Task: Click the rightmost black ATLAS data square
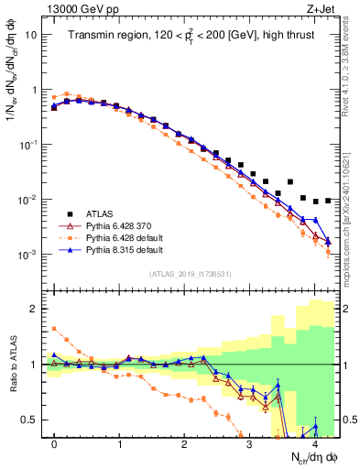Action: point(328,200)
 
